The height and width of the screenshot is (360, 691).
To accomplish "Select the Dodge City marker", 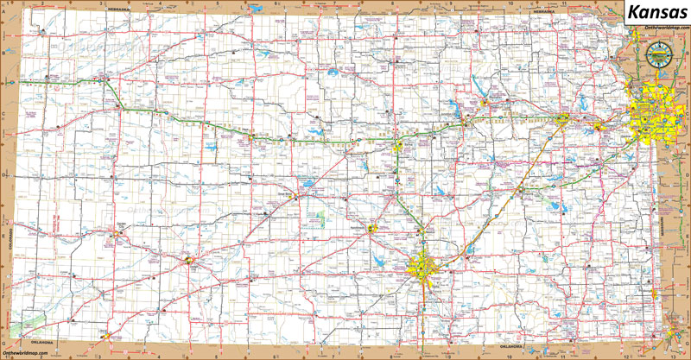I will coord(189,258).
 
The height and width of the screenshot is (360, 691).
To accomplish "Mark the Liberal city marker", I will coord(106,335).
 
